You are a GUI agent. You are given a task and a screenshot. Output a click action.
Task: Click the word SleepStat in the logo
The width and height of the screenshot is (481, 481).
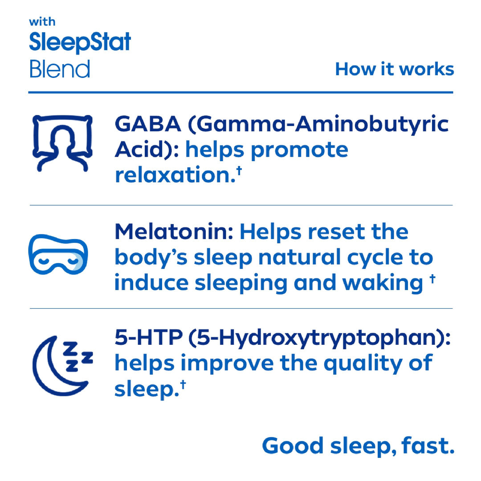80,43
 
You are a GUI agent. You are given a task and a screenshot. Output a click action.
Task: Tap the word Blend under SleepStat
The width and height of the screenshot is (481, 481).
60,69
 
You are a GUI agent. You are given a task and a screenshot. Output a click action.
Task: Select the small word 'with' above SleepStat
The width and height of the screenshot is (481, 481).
42,21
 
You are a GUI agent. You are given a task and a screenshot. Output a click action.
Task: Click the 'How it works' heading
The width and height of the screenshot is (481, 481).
395,69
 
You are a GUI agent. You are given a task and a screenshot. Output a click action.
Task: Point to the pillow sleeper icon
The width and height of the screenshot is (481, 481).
63,143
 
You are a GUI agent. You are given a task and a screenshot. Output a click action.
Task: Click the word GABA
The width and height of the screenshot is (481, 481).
148,124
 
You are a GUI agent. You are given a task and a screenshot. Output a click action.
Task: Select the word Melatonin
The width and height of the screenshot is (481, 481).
174,232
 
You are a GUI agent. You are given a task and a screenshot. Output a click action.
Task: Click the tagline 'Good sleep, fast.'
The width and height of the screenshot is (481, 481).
358,446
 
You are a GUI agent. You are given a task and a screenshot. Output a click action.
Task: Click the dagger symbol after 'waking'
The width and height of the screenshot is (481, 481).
432,280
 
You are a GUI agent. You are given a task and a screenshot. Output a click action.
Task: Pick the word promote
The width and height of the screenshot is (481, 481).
299,150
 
